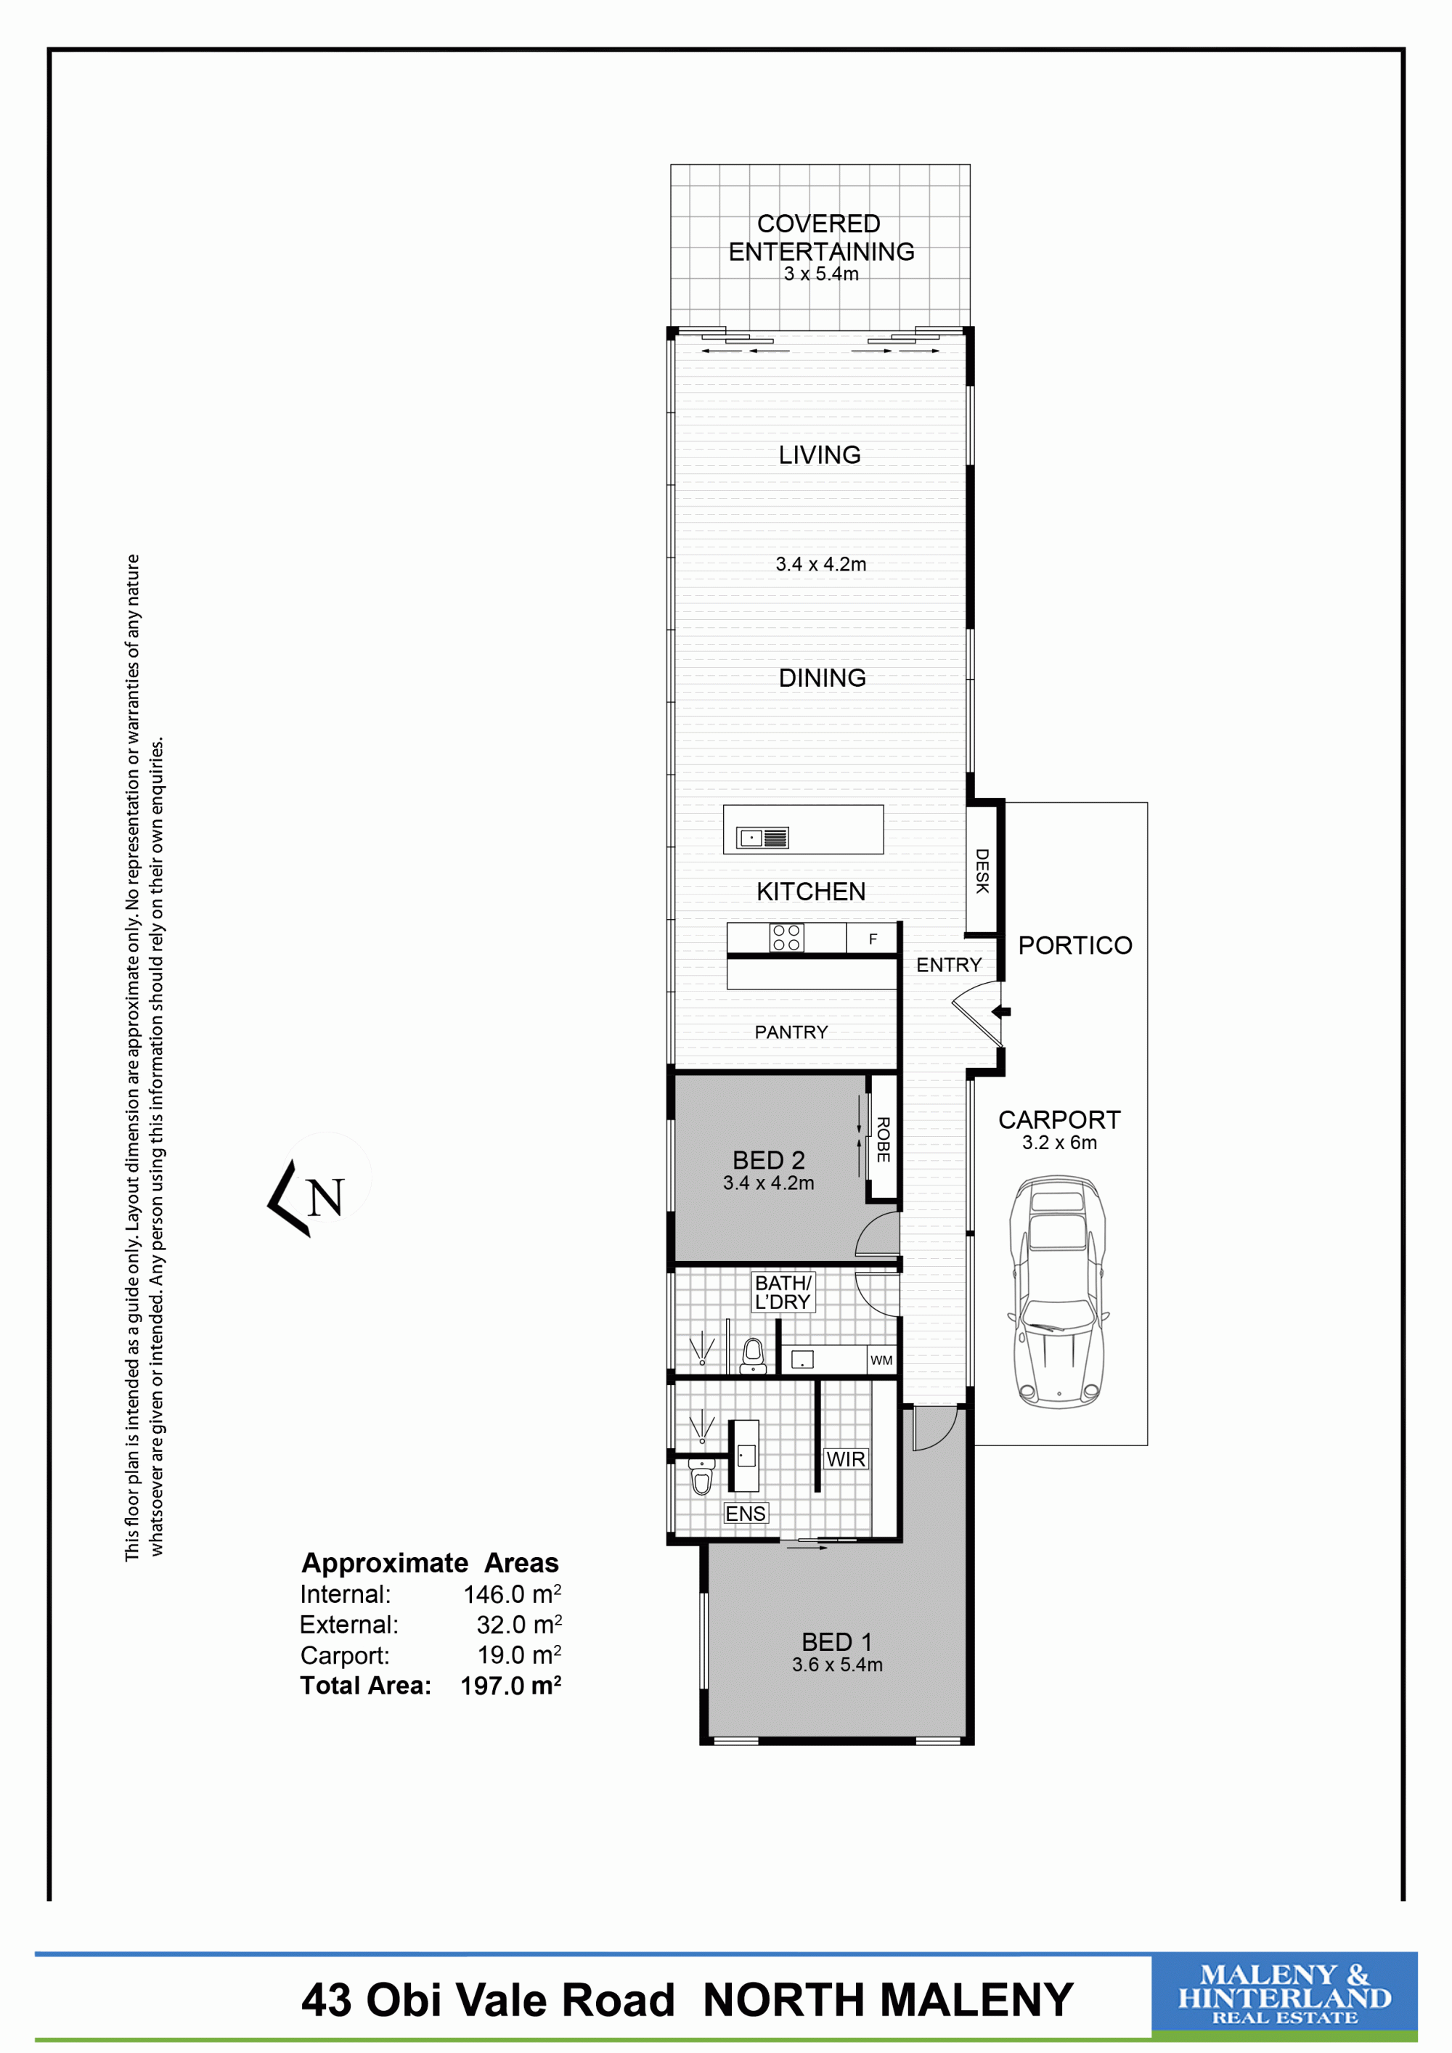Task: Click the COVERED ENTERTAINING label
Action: [821, 238]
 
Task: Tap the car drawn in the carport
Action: [1058, 1291]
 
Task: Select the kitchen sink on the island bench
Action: [762, 838]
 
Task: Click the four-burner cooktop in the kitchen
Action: [787, 938]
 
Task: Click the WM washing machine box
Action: [881, 1360]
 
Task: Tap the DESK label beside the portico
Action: [982, 871]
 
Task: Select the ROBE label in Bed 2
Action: [884, 1139]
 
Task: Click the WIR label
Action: [846, 1459]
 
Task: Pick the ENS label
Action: [746, 1513]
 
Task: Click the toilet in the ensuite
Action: [702, 1477]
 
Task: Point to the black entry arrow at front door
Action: [1003, 1012]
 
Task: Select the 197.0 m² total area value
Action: [510, 1686]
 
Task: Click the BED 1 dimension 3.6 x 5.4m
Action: [837, 1665]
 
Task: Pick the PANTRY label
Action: [791, 1032]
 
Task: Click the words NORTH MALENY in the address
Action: [888, 1999]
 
